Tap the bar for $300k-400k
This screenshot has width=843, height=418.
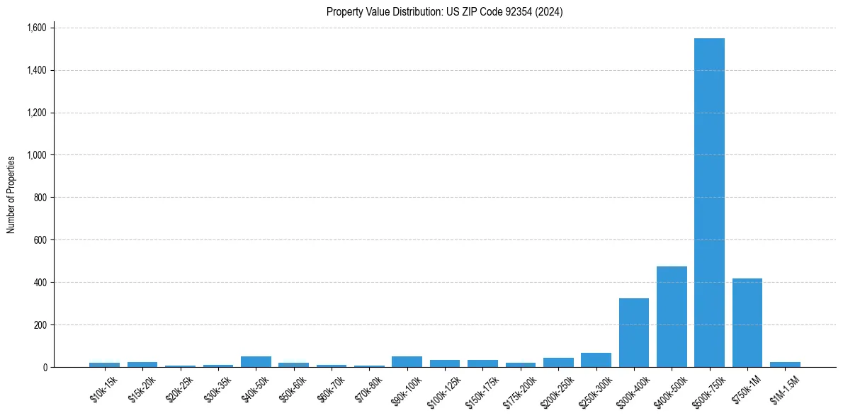[x=634, y=333]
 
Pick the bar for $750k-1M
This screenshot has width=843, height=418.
[x=747, y=323]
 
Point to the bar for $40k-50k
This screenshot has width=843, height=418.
[x=256, y=361]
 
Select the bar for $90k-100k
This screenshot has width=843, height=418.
[x=407, y=361]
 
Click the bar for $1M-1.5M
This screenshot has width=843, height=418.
[x=785, y=364]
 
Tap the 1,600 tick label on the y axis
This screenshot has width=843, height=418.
[x=36, y=28]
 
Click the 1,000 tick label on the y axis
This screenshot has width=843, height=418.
[x=36, y=155]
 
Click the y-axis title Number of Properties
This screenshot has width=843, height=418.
[x=11, y=195]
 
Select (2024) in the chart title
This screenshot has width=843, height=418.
[x=550, y=12]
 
